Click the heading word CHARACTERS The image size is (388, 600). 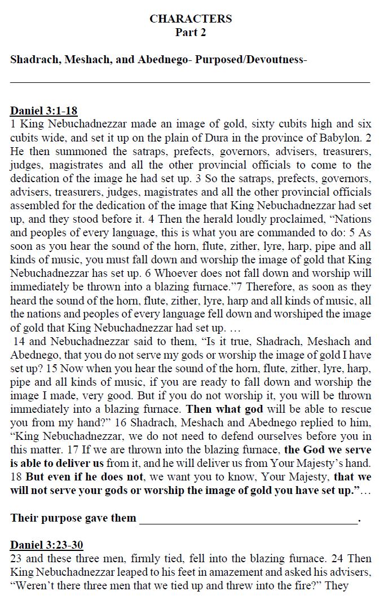191,19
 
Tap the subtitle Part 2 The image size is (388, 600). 191,33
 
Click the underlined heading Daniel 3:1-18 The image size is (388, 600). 43,111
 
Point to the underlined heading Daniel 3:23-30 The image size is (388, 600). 47,545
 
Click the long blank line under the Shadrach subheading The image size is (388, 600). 191,82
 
